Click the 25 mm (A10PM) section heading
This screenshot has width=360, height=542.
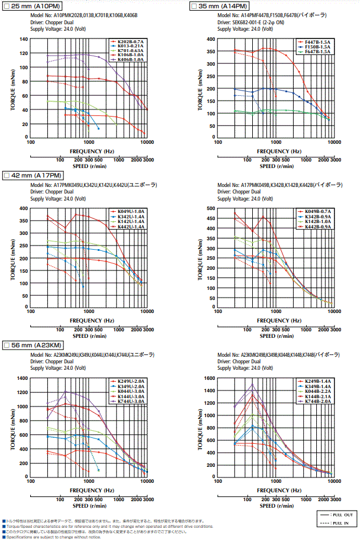(36, 5)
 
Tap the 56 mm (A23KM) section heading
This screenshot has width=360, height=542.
(37, 345)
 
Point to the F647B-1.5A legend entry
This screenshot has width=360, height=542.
(318, 51)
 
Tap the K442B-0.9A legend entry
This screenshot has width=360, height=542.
(317, 226)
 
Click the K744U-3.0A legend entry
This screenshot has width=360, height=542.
(130, 401)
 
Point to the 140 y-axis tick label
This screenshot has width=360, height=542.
(24, 39)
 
